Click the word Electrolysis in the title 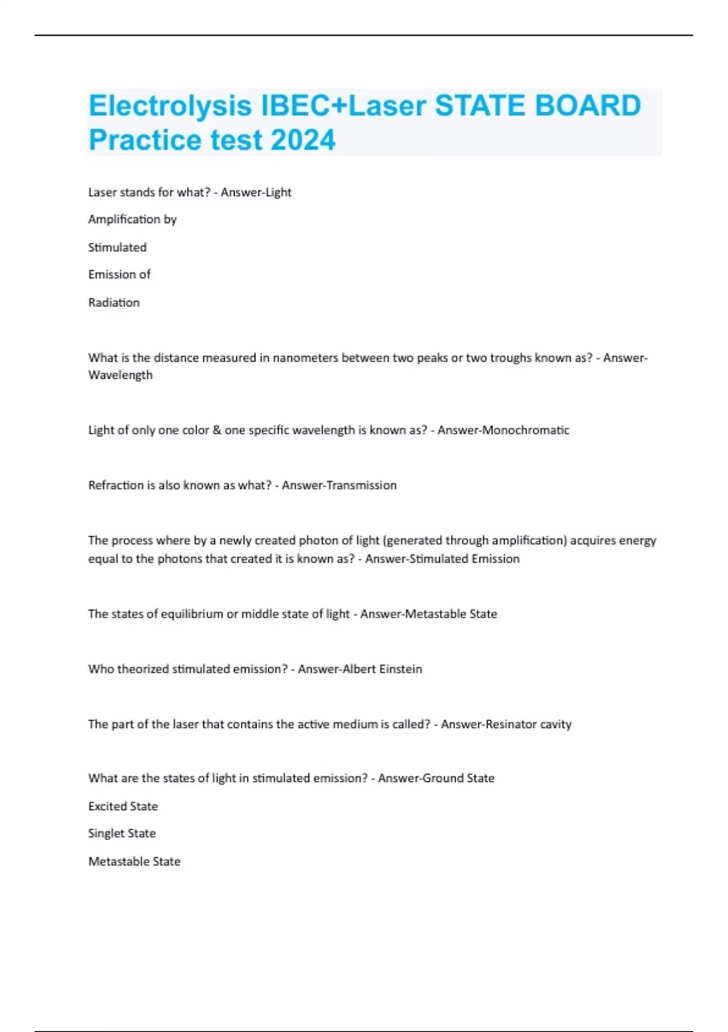pos(170,106)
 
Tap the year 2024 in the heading pos(303,140)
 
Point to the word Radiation pos(114,302)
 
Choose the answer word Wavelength pos(120,375)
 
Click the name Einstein pos(400,669)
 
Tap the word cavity pos(556,724)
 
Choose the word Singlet pos(106,833)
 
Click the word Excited pos(107,806)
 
